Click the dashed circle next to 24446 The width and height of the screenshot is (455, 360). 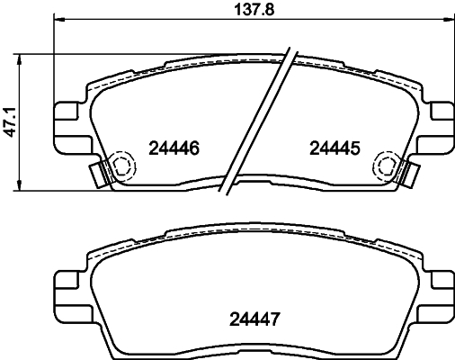(120, 165)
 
